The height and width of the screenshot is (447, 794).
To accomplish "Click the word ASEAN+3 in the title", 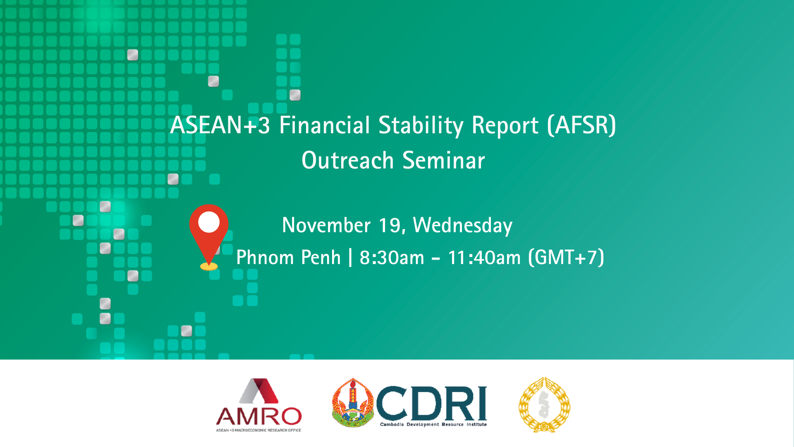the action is coord(220,125).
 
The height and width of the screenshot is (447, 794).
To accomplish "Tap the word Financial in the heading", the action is coord(325,125).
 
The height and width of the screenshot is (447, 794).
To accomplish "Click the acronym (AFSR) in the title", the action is coord(581,125).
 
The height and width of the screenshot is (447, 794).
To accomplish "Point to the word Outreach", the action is coord(347,160).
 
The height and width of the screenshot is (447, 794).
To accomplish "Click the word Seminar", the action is coord(443,160).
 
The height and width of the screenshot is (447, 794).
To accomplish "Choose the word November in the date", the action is coord(326,225).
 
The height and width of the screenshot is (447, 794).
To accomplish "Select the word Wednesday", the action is coord(463,226).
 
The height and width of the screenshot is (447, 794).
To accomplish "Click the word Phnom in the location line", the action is coord(265,257).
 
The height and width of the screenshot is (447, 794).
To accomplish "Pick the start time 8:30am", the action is coord(392,257).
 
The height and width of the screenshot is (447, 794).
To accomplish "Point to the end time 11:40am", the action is coord(484,257).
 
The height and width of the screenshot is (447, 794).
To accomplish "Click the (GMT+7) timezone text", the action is coord(566,257).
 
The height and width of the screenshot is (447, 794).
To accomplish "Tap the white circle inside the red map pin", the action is coord(209,222).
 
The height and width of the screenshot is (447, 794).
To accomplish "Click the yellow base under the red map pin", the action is coord(209,267).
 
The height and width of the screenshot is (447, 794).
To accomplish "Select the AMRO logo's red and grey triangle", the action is coord(259,391).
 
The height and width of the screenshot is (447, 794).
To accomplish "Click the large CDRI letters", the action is coord(431,403).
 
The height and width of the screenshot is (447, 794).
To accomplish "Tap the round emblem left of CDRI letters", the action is coord(353,403).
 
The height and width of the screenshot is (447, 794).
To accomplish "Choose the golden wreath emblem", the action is coord(544,405).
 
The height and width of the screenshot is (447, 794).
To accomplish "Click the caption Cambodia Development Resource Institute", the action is coord(433,425).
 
